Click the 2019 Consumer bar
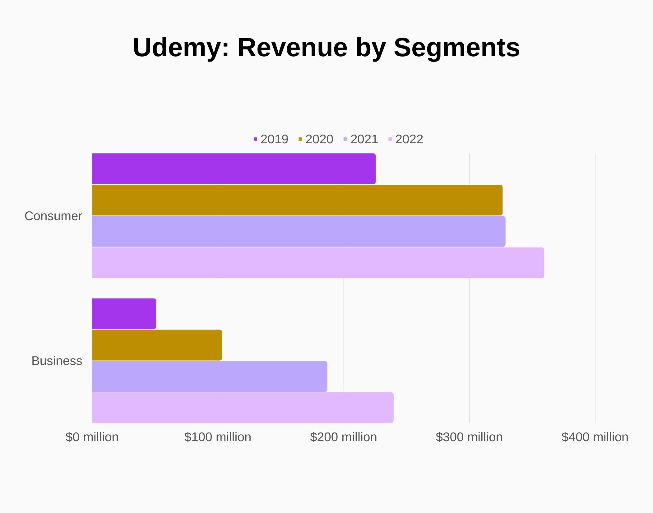point(234,169)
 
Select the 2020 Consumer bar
point(297,200)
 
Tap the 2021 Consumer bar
point(299,232)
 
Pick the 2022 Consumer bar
point(318,263)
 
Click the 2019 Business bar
point(124,314)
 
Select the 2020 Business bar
point(157,345)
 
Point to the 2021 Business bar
point(209,377)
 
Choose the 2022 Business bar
point(243,408)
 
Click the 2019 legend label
point(274,139)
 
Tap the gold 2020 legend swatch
point(300,139)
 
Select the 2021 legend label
point(364,139)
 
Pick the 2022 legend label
point(409,139)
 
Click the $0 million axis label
point(92,437)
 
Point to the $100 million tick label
point(218,437)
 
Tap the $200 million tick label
point(343,437)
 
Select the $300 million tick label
point(469,437)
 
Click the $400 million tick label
point(595,437)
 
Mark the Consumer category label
point(53,216)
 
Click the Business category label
point(57,361)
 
